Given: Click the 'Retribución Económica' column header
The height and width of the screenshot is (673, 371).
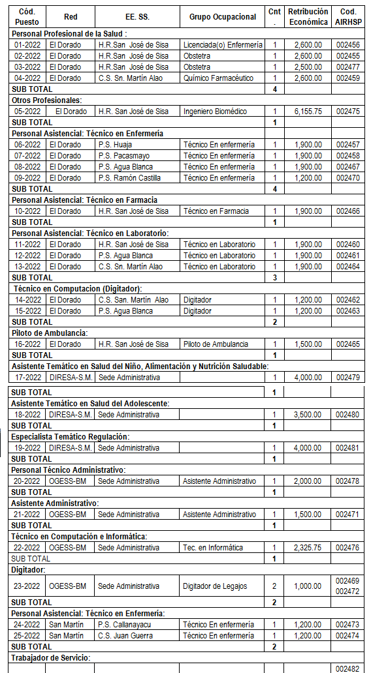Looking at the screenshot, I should coord(308,16).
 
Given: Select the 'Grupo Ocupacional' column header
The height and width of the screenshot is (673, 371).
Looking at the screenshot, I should coord(222,16).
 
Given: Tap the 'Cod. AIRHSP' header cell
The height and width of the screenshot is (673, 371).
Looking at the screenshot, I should coord(348,16).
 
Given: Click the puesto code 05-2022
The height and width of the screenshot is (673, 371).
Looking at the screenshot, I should coord(27,112).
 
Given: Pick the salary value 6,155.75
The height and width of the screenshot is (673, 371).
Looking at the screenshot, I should coord(308,112).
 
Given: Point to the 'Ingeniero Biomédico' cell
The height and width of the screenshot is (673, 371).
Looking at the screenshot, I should coord(215,112).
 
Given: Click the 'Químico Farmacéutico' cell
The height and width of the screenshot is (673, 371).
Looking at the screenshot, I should coord(222,78).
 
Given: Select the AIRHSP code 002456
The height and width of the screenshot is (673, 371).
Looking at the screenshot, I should coord(348,45).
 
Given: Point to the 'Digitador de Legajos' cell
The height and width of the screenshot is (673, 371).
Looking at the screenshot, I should coord(215,586).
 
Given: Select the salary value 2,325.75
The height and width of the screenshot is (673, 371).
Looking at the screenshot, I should coord(308,548).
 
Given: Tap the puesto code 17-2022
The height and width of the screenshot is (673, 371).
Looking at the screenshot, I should coord(27,378).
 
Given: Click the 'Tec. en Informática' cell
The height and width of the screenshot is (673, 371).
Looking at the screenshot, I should coord(213,548).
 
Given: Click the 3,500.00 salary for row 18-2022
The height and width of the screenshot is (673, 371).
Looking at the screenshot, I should coord(308,415).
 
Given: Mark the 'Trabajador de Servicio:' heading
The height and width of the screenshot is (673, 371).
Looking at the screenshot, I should coord(51,657).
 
